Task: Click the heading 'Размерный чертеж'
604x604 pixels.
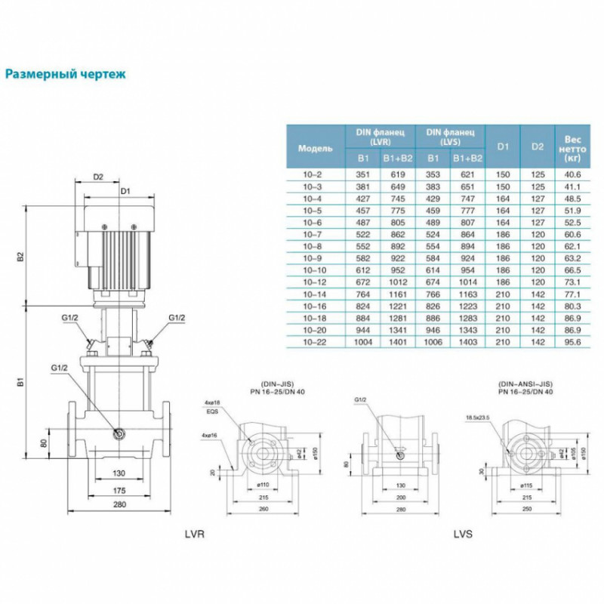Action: [x=65, y=75]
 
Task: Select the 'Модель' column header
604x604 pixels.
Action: [x=315, y=148]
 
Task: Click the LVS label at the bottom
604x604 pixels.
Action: [x=461, y=534]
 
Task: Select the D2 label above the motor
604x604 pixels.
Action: [x=97, y=177]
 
